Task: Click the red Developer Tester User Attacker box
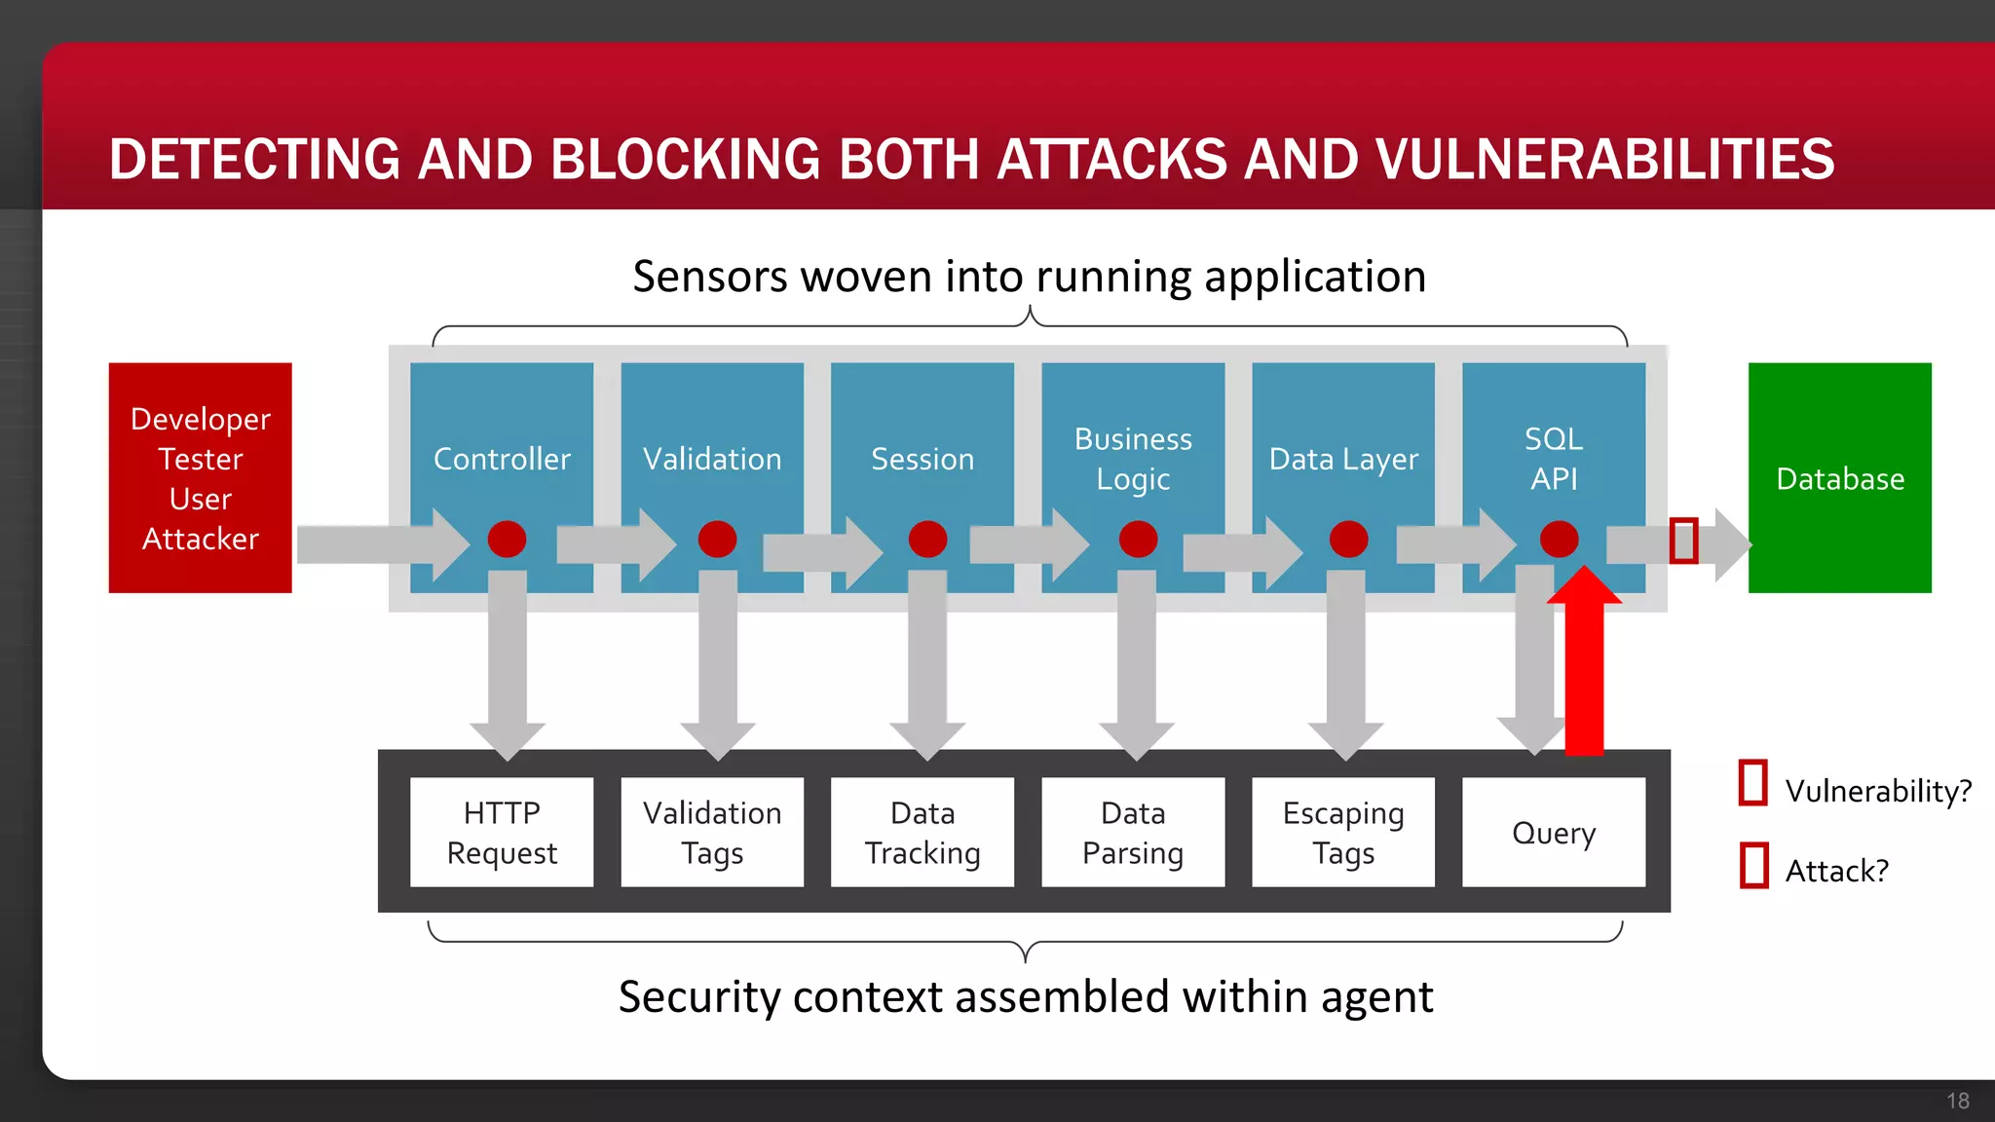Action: coord(200,477)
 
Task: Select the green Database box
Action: coord(1839,477)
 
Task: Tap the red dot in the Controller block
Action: coord(507,539)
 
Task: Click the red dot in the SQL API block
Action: coord(1559,539)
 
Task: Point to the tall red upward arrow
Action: coord(1584,672)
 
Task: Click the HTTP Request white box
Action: coord(502,832)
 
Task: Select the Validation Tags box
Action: coord(712,832)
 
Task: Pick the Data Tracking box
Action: coord(922,832)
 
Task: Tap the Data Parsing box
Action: coord(1133,832)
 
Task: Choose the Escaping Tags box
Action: coord(1343,832)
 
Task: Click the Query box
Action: coord(1554,832)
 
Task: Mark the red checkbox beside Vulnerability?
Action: coord(1753,783)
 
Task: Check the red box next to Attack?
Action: coord(1753,865)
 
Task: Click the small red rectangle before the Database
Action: coord(1683,540)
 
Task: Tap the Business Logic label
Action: coord(1133,459)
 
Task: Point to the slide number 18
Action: coord(1957,1101)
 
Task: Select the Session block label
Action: coord(922,459)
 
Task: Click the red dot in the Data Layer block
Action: coord(1348,539)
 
